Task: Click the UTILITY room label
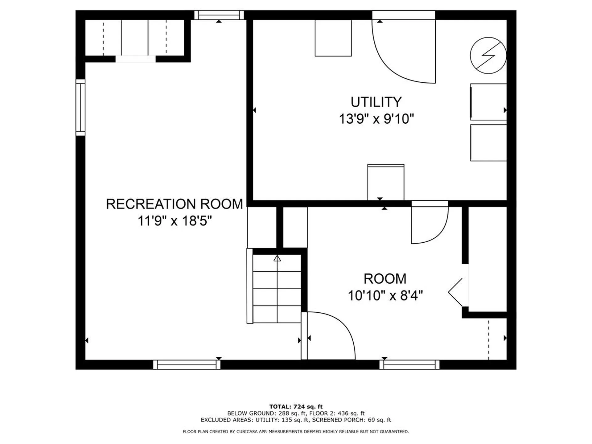(376, 102)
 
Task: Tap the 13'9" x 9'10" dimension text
(376, 119)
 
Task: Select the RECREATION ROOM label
(175, 204)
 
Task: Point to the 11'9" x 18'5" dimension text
(175, 221)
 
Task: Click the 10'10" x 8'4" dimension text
(385, 296)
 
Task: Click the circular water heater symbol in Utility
(488, 55)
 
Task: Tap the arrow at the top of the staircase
(277, 258)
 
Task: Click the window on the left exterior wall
(80, 107)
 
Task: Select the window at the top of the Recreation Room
(219, 15)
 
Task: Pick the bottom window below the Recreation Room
(187, 365)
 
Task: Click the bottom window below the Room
(409, 365)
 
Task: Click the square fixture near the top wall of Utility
(333, 38)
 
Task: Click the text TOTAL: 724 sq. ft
(296, 407)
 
